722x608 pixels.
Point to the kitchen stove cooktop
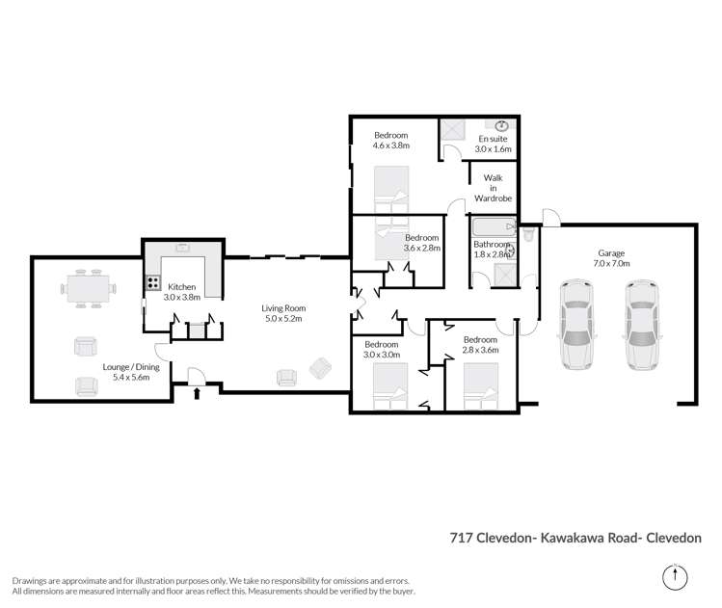(152, 283)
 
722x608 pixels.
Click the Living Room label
(283, 308)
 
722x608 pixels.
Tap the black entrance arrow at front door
(198, 392)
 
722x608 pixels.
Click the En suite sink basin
(502, 125)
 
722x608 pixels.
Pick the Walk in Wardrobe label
(494, 187)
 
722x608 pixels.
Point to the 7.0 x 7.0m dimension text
(611, 263)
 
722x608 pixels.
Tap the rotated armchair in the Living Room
(318, 367)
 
